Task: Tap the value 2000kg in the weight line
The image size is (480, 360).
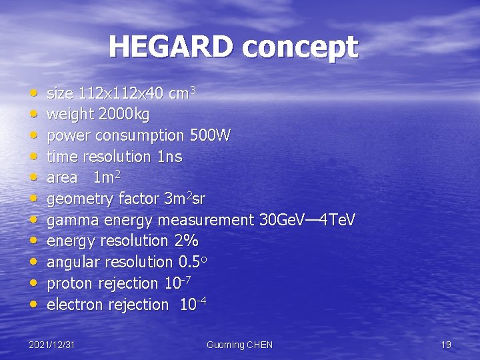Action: click(124, 115)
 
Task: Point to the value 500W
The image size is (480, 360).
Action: click(210, 136)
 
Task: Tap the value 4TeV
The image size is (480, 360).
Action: click(339, 220)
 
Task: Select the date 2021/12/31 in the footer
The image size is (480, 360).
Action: click(51, 345)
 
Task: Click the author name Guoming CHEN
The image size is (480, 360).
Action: click(239, 345)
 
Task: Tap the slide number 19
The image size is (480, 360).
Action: click(446, 345)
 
